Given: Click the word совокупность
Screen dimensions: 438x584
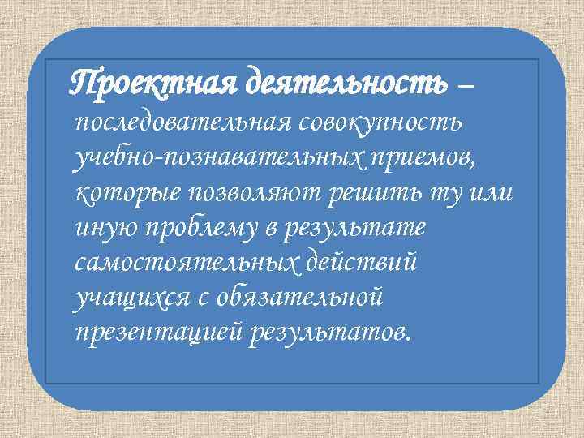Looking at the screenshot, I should click(381, 124).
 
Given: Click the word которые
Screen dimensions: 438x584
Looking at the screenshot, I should click(128, 195).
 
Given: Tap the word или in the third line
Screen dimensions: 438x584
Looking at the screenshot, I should click(495, 195).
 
